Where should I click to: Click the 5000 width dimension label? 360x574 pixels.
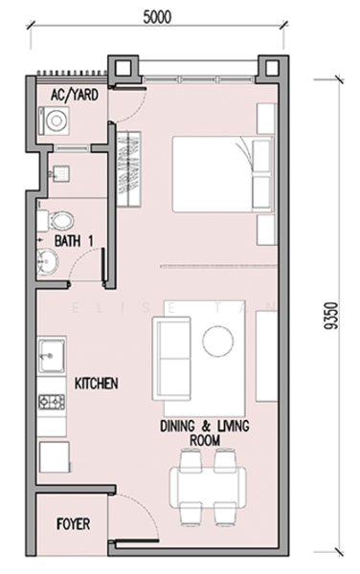click(x=157, y=17)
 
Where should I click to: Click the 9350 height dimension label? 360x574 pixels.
click(x=330, y=316)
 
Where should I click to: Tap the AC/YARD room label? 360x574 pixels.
click(x=75, y=95)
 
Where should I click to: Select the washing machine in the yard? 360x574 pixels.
click(x=55, y=121)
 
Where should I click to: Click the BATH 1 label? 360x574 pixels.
click(x=74, y=241)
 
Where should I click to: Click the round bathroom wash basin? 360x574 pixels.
click(x=47, y=261)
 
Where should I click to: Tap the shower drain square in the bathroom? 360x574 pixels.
click(x=61, y=173)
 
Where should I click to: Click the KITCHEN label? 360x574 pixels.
click(x=97, y=384)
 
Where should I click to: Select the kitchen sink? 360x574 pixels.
click(x=52, y=356)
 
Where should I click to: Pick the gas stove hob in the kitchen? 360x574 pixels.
click(x=52, y=402)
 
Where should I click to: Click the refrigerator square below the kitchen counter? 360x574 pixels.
click(x=55, y=457)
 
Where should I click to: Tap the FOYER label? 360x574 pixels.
click(x=74, y=524)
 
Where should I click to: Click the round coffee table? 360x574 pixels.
click(x=217, y=342)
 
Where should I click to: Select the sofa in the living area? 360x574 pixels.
click(x=171, y=359)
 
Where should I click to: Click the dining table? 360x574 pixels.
click(x=208, y=487)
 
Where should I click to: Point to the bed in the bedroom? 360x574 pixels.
click(x=223, y=174)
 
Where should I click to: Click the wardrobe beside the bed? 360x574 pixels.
click(x=128, y=168)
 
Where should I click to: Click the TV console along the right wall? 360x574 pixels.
click(x=266, y=357)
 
